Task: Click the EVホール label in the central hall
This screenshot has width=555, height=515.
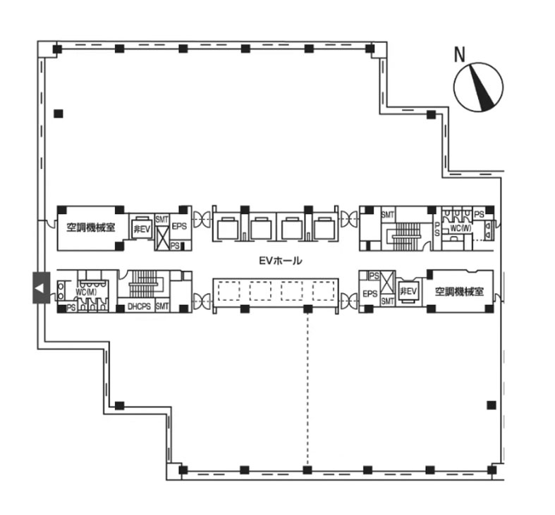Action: (281, 261)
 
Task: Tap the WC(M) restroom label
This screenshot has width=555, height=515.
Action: (86, 292)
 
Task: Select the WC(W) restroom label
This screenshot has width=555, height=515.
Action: (461, 228)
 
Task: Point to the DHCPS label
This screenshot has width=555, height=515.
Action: (139, 306)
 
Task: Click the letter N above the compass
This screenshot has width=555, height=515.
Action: (459, 54)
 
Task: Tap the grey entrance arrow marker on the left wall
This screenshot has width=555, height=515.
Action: (42, 287)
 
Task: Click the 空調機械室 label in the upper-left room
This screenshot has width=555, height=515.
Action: (91, 227)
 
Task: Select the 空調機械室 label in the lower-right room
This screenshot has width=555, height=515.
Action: (459, 292)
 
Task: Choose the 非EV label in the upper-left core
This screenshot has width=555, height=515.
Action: (142, 229)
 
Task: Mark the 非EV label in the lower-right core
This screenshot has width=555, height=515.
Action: (408, 292)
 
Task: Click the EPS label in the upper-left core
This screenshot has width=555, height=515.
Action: (179, 226)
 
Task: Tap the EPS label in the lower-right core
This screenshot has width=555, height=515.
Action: (370, 294)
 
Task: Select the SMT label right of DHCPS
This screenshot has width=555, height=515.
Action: (162, 306)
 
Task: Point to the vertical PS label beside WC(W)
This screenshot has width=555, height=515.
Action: (437, 229)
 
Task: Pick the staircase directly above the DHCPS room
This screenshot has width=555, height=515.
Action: (143, 284)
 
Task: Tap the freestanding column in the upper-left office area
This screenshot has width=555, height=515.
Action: (59, 114)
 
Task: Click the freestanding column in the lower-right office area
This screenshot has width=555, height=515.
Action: (491, 405)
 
